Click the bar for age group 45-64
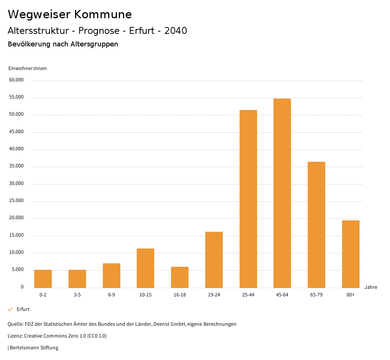coord(282,193)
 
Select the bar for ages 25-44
coord(248,199)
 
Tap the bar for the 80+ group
coord(351,254)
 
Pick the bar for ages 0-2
coord(43,279)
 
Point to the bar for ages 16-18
coord(180,277)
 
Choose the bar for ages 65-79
coord(316,225)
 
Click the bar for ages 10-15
coord(145,268)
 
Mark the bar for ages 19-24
coord(214,260)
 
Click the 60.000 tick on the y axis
coord(17,80)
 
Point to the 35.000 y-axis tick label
coord(17,166)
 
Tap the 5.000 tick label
coord(18,270)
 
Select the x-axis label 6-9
coord(112,295)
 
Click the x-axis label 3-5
coord(77,295)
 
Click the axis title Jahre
coord(371,287)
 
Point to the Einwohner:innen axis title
coord(27,68)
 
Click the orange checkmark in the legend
coord(10,309)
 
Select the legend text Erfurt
coord(23,309)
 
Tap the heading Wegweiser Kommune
coord(70,14)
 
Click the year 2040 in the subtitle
coord(176,31)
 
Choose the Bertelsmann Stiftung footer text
coord(34,348)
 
